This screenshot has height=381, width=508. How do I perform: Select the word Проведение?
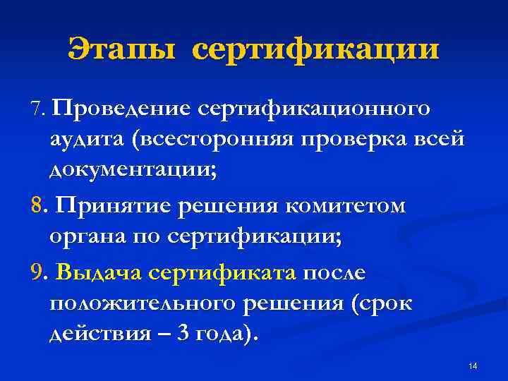(121, 109)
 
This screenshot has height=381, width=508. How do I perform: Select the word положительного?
(143, 303)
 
